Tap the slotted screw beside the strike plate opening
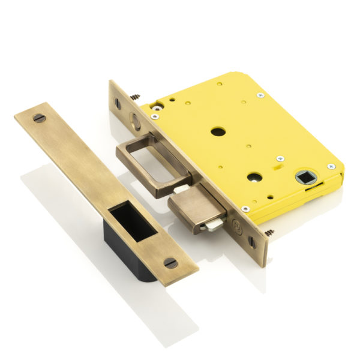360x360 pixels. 170,262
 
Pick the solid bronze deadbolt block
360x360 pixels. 196,207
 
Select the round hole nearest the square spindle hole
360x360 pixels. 254,177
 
